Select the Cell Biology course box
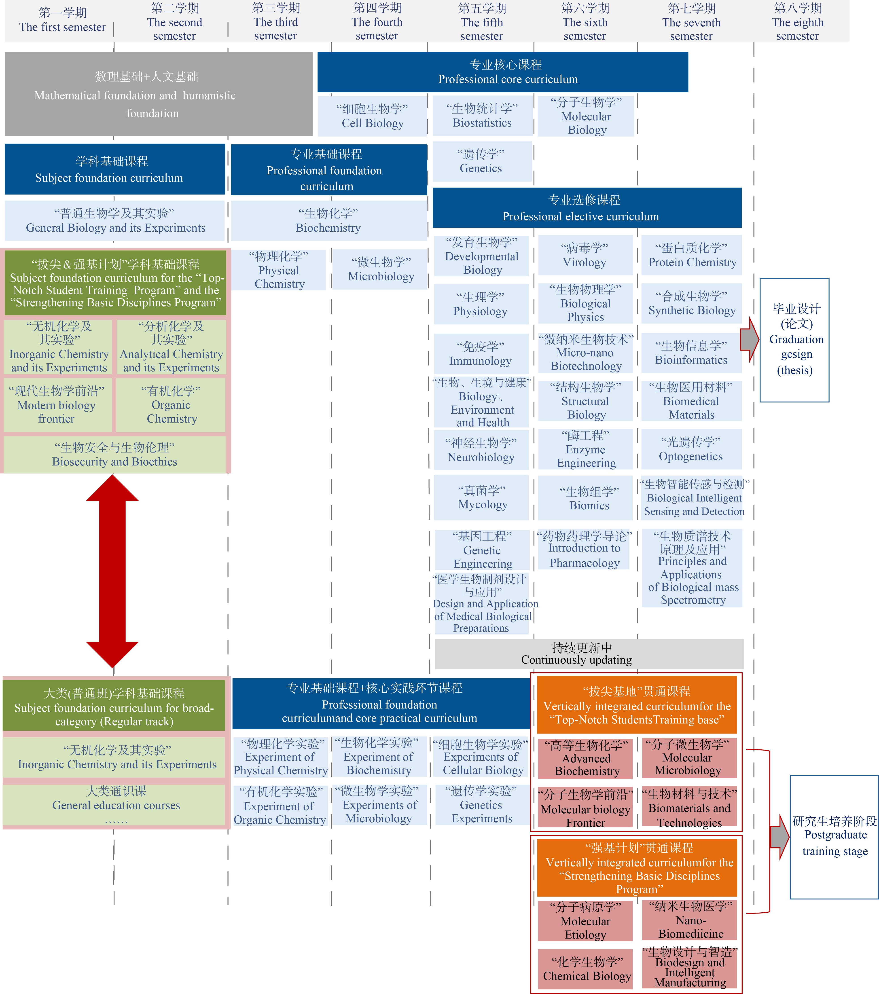point(373,116)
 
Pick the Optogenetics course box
point(691,449)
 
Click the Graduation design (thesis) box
point(794,340)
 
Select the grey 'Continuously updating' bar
point(589,654)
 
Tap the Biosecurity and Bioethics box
point(115,454)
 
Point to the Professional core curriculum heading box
point(503,72)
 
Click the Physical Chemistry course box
point(279,270)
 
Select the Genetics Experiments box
point(482,805)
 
